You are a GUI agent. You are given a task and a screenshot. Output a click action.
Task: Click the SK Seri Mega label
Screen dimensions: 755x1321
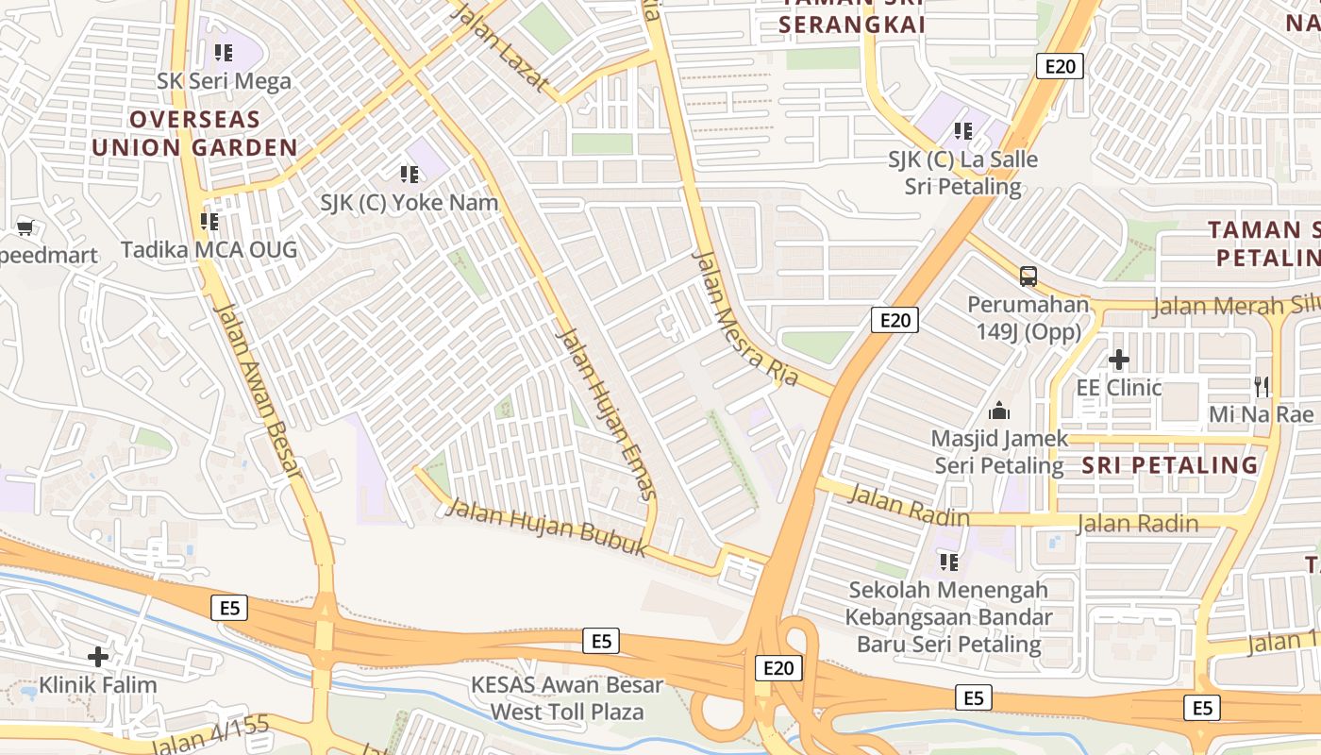[x=225, y=81]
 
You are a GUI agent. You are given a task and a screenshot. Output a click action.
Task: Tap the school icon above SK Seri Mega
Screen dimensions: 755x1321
[x=224, y=52]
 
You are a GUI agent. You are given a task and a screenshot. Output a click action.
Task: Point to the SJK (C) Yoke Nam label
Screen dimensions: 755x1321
[x=410, y=203]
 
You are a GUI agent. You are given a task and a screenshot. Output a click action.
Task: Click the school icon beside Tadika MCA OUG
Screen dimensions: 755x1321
[x=209, y=222]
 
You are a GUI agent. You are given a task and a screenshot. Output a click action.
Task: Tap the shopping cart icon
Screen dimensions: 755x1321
[x=25, y=226]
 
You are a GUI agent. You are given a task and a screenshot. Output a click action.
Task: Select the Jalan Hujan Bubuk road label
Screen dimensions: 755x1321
[x=545, y=527]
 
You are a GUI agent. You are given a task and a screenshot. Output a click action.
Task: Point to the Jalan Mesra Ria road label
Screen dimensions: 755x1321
[x=745, y=318]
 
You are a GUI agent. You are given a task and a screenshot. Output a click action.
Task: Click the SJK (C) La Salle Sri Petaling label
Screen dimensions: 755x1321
[x=962, y=174]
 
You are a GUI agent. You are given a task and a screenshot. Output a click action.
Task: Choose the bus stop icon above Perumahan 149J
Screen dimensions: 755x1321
[x=1028, y=277]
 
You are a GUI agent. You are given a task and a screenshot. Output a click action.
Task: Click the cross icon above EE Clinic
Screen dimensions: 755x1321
[x=1119, y=360]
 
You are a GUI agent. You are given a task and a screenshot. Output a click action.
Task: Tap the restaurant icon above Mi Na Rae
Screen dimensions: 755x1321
[x=1262, y=386]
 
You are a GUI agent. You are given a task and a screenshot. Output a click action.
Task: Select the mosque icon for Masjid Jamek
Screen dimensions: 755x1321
[x=998, y=411]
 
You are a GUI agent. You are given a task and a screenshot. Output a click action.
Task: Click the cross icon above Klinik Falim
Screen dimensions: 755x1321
[x=98, y=656]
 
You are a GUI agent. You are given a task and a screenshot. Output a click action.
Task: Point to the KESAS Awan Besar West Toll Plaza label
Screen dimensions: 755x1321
[x=568, y=698]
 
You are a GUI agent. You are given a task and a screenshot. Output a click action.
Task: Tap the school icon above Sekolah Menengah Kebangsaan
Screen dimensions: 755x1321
[x=949, y=562]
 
